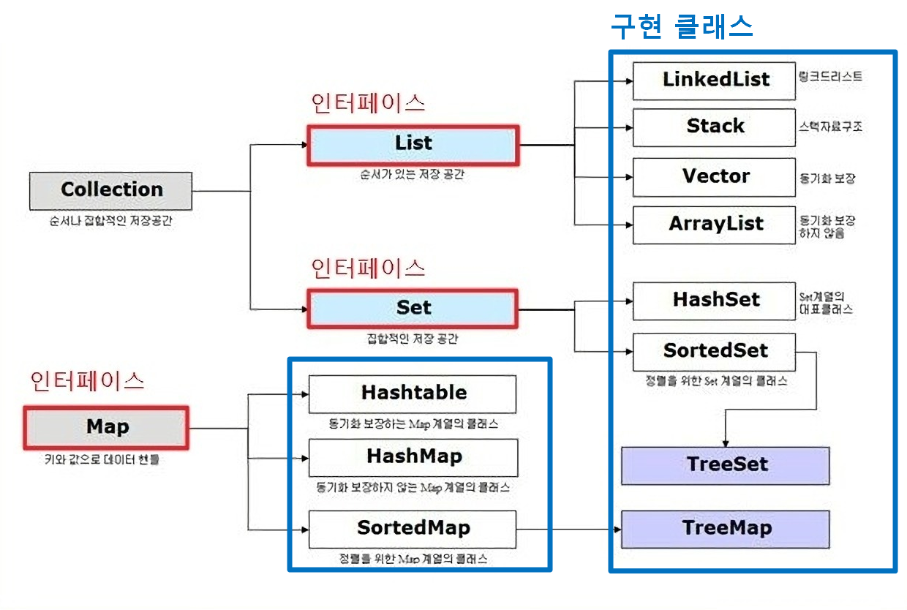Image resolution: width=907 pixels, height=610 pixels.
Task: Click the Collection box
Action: pyautogui.click(x=111, y=190)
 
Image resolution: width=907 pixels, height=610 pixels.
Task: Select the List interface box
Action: pyautogui.click(x=413, y=143)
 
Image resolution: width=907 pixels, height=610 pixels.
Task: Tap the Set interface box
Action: pyautogui.click(x=413, y=308)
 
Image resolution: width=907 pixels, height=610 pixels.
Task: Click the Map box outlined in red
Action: pyautogui.click(x=107, y=427)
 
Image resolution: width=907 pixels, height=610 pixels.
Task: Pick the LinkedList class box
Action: pyautogui.click(x=714, y=80)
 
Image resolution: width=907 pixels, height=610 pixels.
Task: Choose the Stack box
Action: pyautogui.click(x=714, y=127)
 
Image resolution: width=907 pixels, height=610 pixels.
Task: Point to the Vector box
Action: pyautogui.click(x=714, y=177)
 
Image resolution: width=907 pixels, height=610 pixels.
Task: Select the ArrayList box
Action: pyautogui.click(x=714, y=225)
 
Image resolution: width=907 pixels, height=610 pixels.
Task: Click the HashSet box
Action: pyautogui.click(x=714, y=301)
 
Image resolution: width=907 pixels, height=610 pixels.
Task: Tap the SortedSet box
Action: pyautogui.click(x=714, y=351)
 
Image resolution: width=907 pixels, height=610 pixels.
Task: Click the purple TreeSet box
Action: pyautogui.click(x=726, y=465)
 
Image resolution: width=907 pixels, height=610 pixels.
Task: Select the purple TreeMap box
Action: pyautogui.click(x=726, y=529)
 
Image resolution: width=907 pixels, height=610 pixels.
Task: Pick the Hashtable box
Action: pyautogui.click(x=413, y=394)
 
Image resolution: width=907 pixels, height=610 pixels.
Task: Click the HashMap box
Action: pyautogui.click(x=413, y=457)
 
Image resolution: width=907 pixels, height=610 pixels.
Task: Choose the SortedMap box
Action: pyautogui.click(x=413, y=529)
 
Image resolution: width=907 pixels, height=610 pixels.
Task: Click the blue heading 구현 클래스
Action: pyautogui.click(x=682, y=28)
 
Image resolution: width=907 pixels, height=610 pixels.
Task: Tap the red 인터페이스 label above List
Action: pyautogui.click(x=368, y=103)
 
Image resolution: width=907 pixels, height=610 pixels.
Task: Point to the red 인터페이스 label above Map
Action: pyautogui.click(x=87, y=381)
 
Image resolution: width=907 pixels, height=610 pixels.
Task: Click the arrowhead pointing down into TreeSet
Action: pyautogui.click(x=725, y=443)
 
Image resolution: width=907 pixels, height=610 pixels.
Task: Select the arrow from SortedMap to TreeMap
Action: pyautogui.click(x=567, y=529)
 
